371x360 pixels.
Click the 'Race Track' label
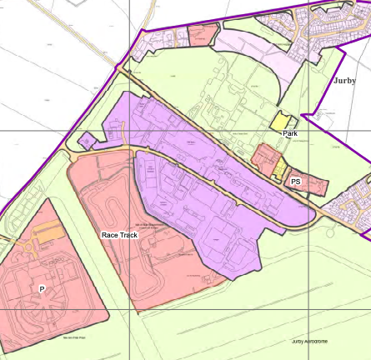click(121, 236)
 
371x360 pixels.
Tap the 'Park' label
click(290, 133)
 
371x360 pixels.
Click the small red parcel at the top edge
click(200, 34)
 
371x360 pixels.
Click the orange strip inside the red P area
click(48, 236)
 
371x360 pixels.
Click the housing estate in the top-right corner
click(333, 25)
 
